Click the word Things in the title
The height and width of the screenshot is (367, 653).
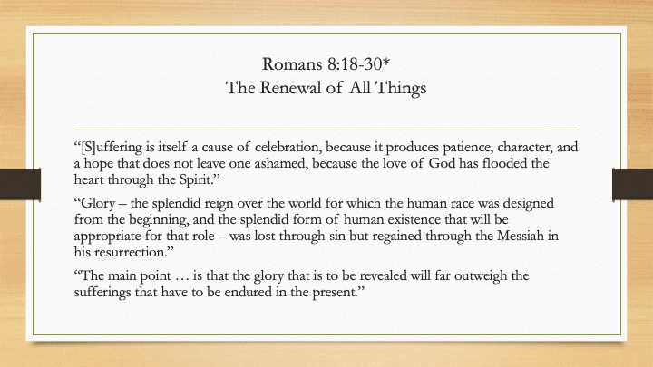coord(400,89)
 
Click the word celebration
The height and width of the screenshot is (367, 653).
coord(288,147)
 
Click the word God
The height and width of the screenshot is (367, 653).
coord(442,163)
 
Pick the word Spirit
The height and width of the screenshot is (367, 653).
coord(199,179)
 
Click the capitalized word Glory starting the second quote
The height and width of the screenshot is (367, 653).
coord(94,204)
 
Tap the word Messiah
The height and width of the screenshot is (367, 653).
coord(521,236)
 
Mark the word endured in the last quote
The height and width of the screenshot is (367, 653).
coord(248,292)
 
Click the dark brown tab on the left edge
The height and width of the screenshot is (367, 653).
coord(20,184)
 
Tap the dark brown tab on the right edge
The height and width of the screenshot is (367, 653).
coord(633,184)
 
